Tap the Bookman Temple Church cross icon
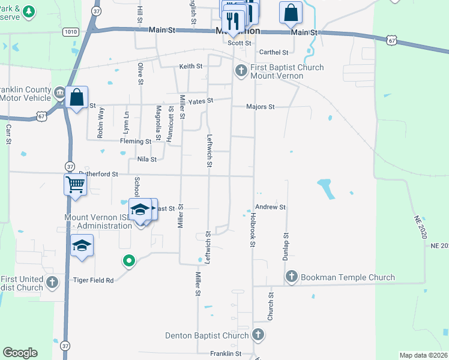coord(292,277)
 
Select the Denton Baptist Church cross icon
coord(258,335)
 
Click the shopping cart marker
coord(76,184)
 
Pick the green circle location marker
coord(128,261)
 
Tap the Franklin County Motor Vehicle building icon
coord(61,93)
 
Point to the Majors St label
coord(260,107)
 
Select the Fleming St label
coord(135,142)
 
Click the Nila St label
coord(146,160)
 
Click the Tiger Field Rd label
coord(93,280)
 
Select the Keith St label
coord(190,66)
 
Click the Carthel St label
coord(270,52)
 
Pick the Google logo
coord(20,353)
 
